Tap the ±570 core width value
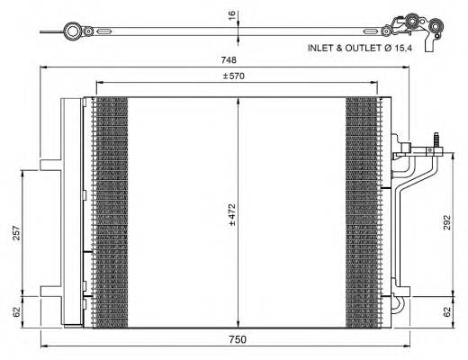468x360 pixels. [237, 76]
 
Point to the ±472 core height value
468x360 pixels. [231, 212]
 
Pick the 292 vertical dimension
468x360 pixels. [448, 223]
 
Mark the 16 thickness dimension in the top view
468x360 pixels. [231, 15]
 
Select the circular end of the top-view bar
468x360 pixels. [72, 32]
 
